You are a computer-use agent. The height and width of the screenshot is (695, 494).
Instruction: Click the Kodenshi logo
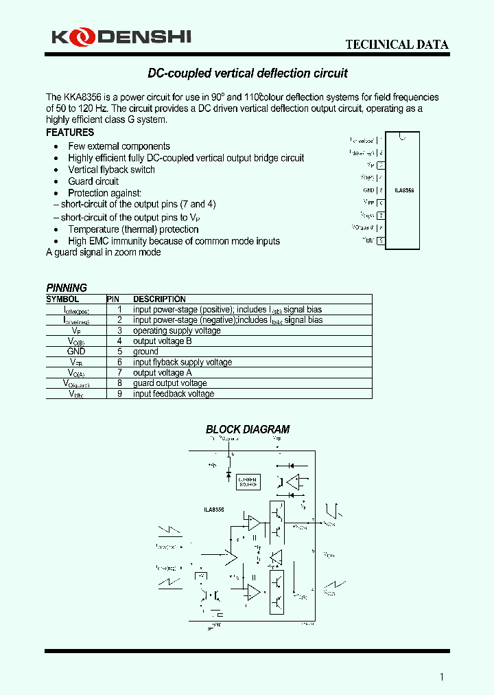(x=121, y=37)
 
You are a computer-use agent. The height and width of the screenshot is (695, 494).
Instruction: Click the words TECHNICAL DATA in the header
(x=397, y=45)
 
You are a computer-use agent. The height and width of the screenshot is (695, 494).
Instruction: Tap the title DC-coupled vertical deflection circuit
(x=248, y=73)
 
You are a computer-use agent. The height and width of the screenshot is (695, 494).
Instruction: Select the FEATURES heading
(x=70, y=133)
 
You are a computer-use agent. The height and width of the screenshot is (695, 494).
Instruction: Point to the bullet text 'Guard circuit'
(x=93, y=181)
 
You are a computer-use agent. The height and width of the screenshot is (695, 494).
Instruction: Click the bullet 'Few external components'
(x=119, y=146)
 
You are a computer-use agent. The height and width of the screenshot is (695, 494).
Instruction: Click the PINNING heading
(x=67, y=288)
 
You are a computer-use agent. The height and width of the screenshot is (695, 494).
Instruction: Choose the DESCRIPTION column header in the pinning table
(x=159, y=299)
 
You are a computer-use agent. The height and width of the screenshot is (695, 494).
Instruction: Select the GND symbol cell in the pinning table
(x=76, y=352)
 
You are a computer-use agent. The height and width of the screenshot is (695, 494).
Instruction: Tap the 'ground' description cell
(x=145, y=352)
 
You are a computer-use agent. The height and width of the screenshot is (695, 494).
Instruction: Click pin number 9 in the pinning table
(x=119, y=394)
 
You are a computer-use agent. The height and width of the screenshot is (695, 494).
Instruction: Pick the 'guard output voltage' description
(x=170, y=383)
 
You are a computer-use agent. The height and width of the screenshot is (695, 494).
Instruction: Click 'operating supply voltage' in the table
(x=177, y=331)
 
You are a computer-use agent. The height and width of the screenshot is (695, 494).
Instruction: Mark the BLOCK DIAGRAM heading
(x=248, y=430)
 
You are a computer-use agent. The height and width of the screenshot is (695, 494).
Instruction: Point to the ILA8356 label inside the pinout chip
(x=404, y=190)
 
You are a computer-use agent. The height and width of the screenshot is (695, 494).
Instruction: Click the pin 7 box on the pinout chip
(x=381, y=216)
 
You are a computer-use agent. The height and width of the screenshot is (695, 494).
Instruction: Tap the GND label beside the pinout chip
(x=368, y=190)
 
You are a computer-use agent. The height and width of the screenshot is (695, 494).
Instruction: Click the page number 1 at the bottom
(x=443, y=677)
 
